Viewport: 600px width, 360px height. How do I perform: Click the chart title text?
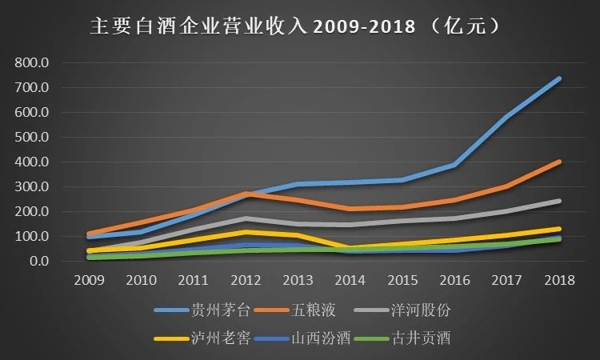(x=296, y=26)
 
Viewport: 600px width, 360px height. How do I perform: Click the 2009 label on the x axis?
(x=89, y=279)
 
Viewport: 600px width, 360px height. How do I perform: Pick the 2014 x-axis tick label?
(x=350, y=279)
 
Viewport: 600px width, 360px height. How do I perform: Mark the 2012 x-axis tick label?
(x=246, y=279)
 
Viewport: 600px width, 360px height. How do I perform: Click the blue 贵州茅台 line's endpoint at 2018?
(x=558, y=78)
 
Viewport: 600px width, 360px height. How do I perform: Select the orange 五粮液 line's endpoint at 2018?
(x=558, y=162)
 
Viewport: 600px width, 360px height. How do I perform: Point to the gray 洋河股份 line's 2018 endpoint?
(x=558, y=201)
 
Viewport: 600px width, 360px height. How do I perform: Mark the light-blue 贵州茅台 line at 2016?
(x=454, y=165)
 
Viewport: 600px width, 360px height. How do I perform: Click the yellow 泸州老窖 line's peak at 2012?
(x=246, y=232)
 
